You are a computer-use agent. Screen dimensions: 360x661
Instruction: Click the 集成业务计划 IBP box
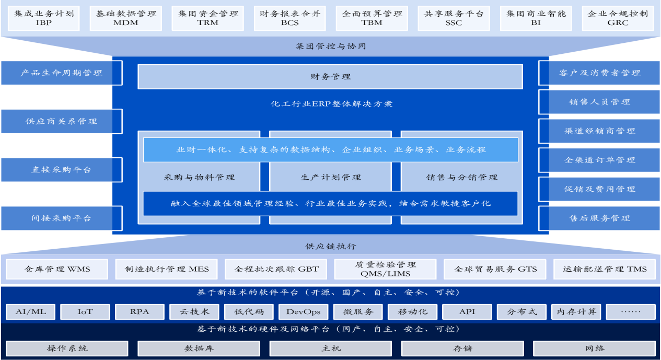coord(44,18)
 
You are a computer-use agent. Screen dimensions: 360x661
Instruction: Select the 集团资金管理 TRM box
coord(208,18)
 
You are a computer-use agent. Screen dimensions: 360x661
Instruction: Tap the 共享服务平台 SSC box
coord(454,18)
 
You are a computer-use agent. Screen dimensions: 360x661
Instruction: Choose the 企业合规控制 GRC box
coord(618,18)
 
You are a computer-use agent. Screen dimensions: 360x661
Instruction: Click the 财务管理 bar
coord(330,77)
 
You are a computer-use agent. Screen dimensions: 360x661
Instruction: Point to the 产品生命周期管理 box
coord(62,73)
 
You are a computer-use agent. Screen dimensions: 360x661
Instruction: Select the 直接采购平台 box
coord(62,170)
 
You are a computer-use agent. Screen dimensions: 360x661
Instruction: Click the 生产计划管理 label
coord(331,178)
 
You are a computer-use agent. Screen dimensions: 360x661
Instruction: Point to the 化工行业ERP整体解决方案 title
coord(331,104)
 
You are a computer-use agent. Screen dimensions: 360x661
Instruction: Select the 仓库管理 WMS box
coord(57,269)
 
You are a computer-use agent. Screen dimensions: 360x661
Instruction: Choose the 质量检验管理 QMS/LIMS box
coord(385,269)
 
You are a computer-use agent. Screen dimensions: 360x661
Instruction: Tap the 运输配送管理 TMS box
coord(605,269)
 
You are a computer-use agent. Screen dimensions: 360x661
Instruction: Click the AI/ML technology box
coord(31,312)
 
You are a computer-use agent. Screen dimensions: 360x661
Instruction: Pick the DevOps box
coord(303,312)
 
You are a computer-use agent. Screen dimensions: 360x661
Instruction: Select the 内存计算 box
coord(576,312)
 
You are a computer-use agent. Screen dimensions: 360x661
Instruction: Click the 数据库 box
coord(199,348)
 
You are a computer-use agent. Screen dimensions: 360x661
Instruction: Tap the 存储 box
coord(462,348)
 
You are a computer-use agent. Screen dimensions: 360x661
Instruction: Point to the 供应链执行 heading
coord(331,246)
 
